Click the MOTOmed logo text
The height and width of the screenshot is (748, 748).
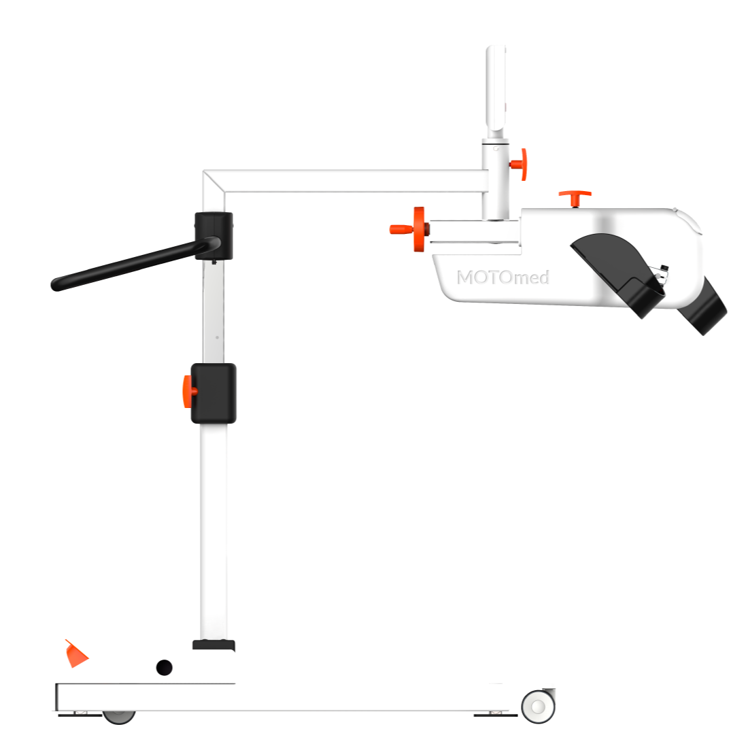(503, 277)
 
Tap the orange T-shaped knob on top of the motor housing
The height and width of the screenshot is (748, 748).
(575, 197)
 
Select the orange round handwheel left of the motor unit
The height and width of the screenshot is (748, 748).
(409, 229)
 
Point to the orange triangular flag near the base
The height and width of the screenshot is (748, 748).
(76, 654)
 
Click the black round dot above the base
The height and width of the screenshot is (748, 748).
(164, 667)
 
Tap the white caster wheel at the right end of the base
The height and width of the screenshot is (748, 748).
(538, 707)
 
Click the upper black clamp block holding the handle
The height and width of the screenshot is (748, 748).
(214, 236)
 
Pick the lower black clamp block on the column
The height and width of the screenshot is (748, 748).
(214, 393)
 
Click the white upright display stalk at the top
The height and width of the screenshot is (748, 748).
(496, 88)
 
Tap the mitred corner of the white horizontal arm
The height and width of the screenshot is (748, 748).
(214, 182)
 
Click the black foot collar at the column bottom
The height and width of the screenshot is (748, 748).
(214, 645)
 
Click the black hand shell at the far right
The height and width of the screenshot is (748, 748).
(702, 306)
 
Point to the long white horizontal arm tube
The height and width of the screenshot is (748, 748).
(345, 182)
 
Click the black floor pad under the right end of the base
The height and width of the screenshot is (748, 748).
(495, 715)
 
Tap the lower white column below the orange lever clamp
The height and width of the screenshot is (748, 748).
(214, 532)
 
